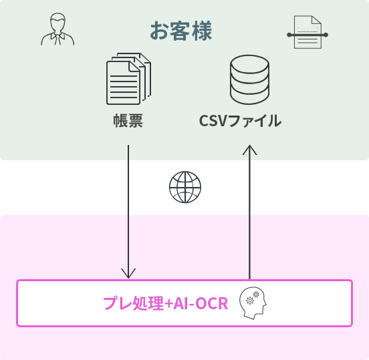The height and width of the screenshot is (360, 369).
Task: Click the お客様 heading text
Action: (181, 31)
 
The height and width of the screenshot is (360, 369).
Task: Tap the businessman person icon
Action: (57, 29)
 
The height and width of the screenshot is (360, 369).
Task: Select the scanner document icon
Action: (307, 32)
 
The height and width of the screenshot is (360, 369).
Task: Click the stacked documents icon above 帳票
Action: (128, 79)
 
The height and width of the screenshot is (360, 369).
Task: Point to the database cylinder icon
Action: (249, 79)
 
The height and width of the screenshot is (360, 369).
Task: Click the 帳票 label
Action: (128, 121)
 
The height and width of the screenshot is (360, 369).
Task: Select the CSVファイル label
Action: (240, 121)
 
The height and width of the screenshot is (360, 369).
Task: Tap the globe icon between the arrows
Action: (185, 187)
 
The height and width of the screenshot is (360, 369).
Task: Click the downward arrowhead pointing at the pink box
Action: (128, 273)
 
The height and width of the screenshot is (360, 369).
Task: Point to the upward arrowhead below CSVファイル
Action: (250, 150)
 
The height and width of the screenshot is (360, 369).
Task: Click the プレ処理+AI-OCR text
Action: (166, 303)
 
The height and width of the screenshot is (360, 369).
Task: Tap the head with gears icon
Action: (253, 303)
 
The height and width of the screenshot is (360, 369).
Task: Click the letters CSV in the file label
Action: (213, 121)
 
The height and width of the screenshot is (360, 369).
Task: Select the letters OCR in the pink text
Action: (212, 304)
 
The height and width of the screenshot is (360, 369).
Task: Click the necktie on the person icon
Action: (57, 39)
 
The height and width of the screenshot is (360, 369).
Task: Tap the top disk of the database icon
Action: (249, 64)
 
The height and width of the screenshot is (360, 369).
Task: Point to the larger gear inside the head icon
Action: (250, 301)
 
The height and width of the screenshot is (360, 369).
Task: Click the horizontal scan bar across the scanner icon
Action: (307, 35)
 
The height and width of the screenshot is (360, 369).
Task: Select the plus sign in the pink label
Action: (168, 304)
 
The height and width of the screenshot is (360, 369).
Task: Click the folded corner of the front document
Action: (134, 67)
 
